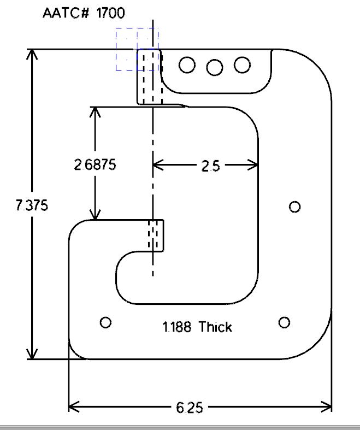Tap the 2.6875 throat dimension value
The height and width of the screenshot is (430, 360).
pyautogui.click(x=95, y=164)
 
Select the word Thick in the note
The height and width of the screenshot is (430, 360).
pyautogui.click(x=215, y=327)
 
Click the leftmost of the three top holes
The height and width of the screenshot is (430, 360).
pyautogui.click(x=187, y=65)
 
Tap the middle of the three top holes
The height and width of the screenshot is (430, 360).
pyautogui.click(x=215, y=67)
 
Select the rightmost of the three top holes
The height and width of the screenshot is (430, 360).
pyautogui.click(x=242, y=65)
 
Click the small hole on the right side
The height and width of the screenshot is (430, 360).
pyautogui.click(x=295, y=207)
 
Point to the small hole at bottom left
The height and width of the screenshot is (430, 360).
pyautogui.click(x=106, y=322)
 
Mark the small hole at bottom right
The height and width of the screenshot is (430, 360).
pyautogui.click(x=284, y=322)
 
